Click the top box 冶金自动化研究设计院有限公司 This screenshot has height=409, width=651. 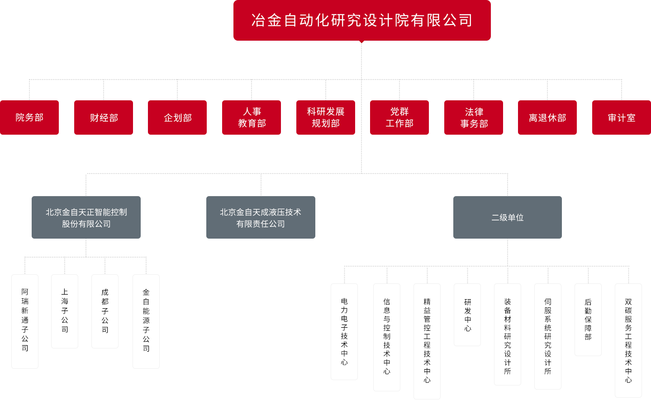click(362, 20)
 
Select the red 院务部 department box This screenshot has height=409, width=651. click(29, 118)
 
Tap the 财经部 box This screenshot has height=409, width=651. click(104, 118)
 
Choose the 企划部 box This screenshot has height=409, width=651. click(177, 118)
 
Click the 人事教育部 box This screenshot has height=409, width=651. click(251, 118)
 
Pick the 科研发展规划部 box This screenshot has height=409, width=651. click(326, 118)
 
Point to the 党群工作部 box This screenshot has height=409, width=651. click(399, 118)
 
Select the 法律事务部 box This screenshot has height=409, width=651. click(474, 118)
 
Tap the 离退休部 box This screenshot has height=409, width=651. click(547, 118)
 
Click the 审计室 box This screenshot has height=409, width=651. click(621, 118)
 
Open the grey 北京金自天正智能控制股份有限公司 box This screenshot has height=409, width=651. click(86, 217)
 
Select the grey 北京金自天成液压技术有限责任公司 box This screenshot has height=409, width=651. click(261, 217)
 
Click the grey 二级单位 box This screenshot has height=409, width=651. click(508, 217)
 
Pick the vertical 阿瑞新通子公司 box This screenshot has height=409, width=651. click(25, 321)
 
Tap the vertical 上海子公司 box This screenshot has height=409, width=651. click(65, 311)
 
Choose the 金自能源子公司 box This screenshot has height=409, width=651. click(146, 321)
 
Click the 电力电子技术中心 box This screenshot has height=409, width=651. click(344, 331)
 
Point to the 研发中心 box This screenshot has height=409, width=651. click(467, 315)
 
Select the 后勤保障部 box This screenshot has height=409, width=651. click(588, 319)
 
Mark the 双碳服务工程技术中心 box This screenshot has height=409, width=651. click(628, 340)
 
